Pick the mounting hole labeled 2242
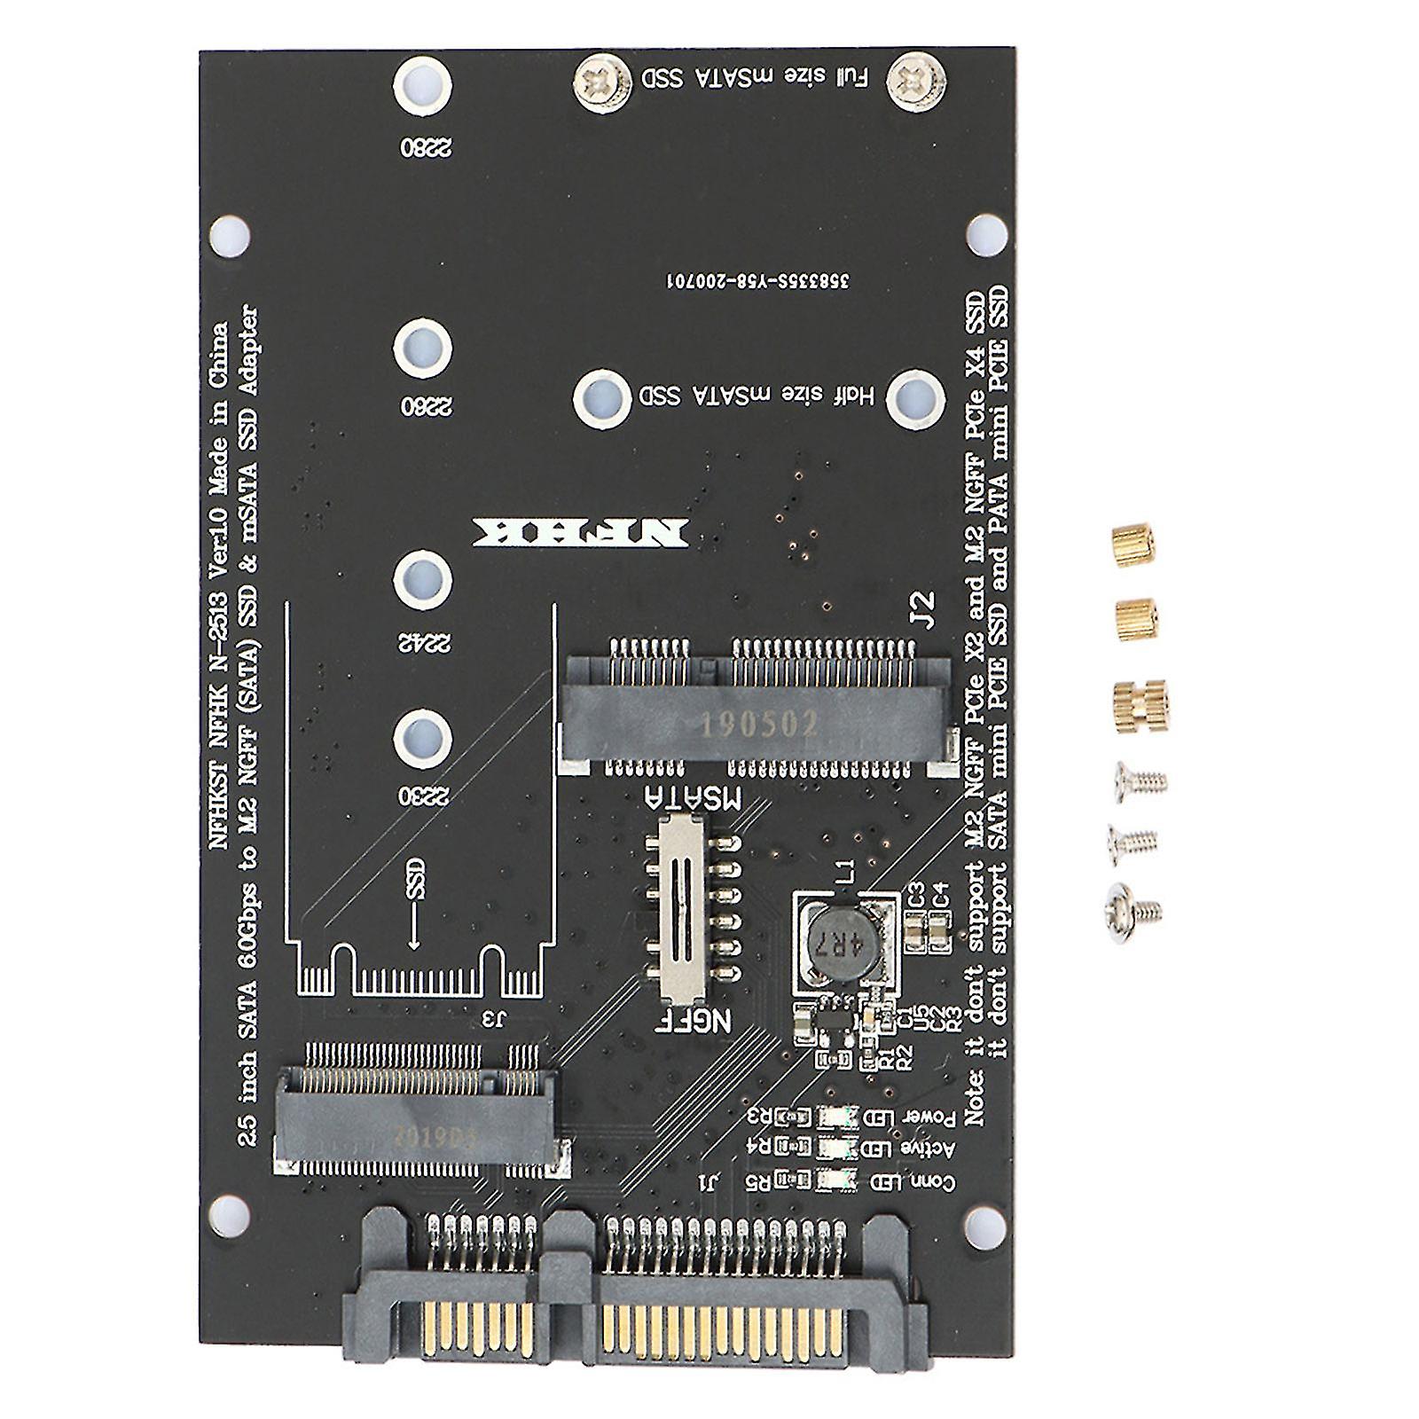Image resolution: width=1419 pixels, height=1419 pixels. [423, 581]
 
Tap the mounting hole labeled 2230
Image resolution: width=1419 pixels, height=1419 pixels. [423, 735]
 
